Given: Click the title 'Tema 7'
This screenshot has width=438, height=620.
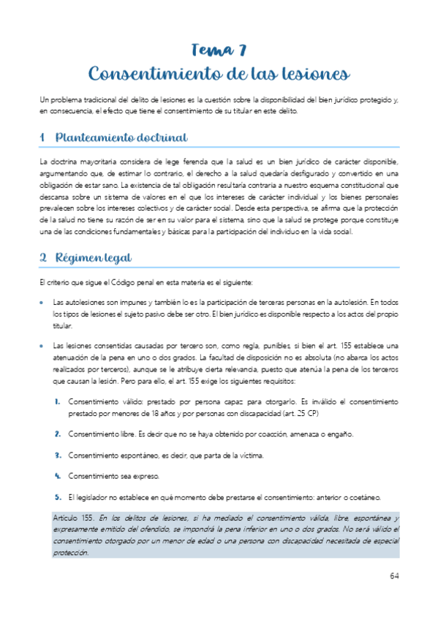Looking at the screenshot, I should [219, 50].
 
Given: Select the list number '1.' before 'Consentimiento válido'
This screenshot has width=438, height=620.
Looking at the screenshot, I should [57, 402].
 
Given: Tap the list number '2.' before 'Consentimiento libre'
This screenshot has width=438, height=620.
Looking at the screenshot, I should [57, 434].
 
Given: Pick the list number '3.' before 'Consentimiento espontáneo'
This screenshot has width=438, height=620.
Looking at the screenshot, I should [57, 455].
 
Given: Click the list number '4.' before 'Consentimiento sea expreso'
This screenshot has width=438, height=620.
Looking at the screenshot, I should [57, 476].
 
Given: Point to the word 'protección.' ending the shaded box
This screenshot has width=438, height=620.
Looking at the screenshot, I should [69, 552].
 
